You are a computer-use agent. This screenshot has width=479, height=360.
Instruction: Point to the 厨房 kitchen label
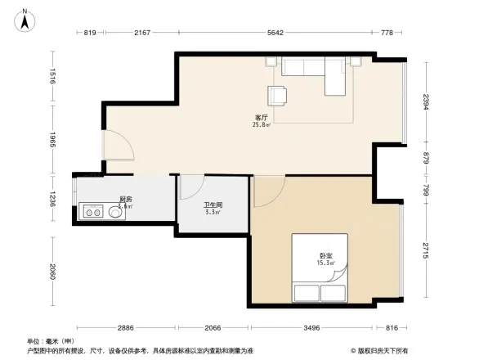[x=125, y=200]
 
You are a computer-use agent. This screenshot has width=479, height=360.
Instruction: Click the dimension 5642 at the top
[x=275, y=33]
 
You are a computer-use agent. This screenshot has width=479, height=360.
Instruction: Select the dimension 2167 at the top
[x=142, y=33]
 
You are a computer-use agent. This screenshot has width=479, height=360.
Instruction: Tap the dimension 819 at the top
[x=91, y=33]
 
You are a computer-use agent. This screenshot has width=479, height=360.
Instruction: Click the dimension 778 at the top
[x=387, y=33]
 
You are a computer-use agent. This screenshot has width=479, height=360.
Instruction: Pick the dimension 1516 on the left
[x=51, y=78]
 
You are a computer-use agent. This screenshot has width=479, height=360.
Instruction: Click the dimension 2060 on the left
[x=51, y=271]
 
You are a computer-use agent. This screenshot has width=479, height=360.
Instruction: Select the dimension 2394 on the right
[x=426, y=102]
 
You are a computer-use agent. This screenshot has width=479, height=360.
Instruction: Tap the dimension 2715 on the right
[x=426, y=251]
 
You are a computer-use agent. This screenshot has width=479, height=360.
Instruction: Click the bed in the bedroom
[x=320, y=270]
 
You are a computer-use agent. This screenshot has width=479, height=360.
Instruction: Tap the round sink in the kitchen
[x=114, y=213]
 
